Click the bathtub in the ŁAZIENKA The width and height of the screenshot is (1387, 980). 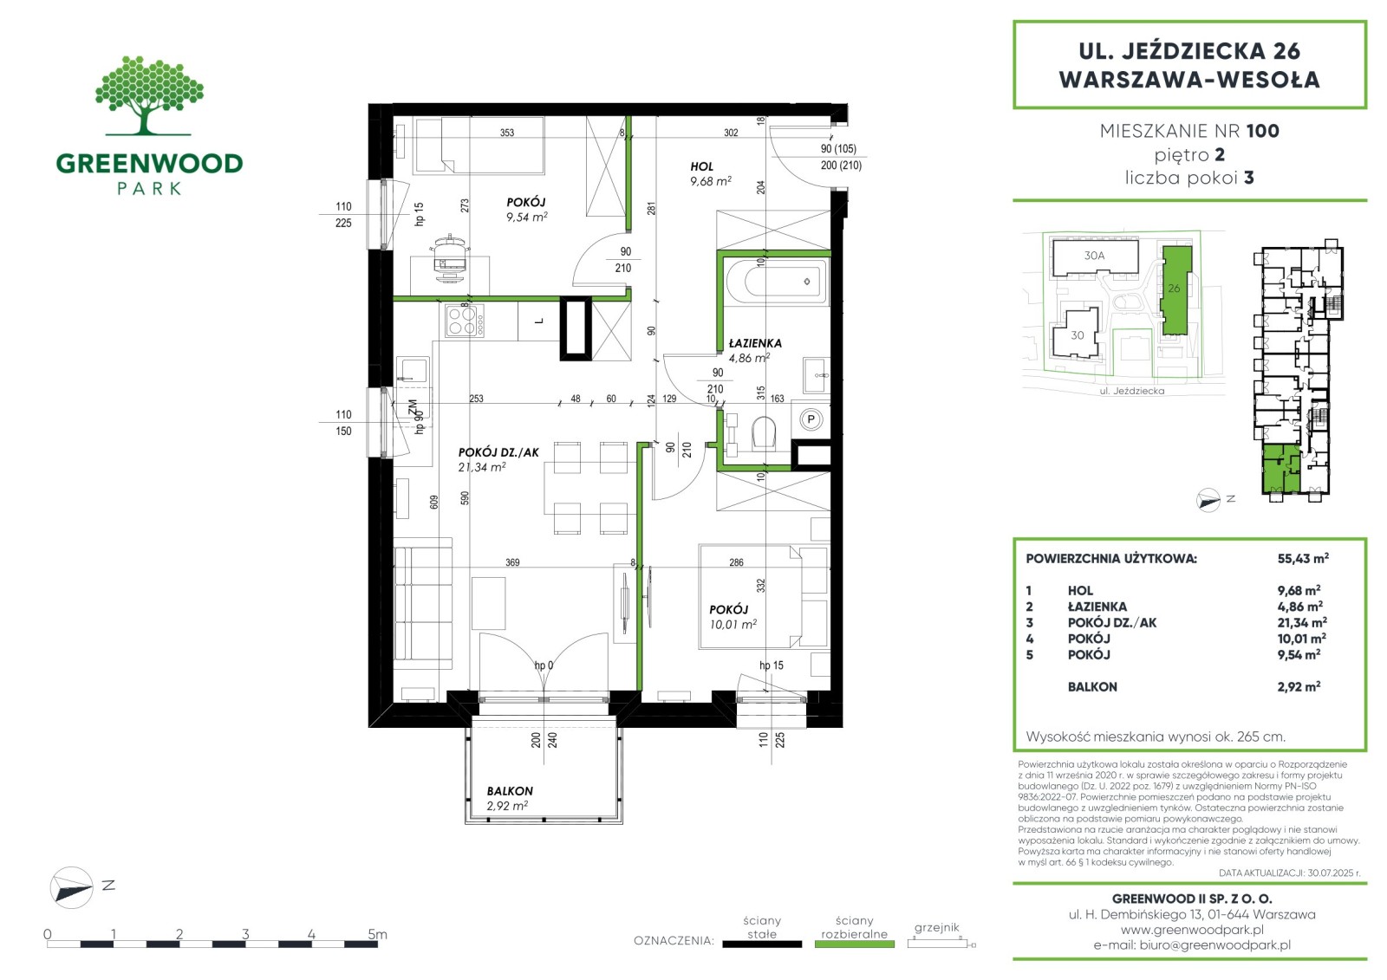point(777,282)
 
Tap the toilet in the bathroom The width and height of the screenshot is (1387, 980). point(764,432)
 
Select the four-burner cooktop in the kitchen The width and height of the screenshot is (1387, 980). point(465,320)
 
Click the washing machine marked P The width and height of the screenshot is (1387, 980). point(811,420)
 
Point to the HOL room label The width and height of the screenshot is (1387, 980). point(701,166)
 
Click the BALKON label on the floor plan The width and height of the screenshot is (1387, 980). point(510,791)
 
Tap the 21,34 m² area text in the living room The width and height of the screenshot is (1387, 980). point(482,467)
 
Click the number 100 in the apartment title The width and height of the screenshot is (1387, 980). point(1262,131)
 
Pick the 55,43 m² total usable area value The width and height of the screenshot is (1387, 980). point(1303,558)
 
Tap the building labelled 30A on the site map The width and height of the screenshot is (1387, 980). point(1096,256)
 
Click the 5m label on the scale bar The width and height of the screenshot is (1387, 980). point(377,934)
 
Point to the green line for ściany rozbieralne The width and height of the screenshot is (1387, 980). point(855,944)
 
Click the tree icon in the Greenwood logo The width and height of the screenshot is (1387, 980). point(148,94)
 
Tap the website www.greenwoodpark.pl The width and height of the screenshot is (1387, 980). point(1192,929)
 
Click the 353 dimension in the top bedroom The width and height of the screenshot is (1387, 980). point(506,133)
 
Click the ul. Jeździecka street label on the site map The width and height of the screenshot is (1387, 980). point(1132,392)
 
